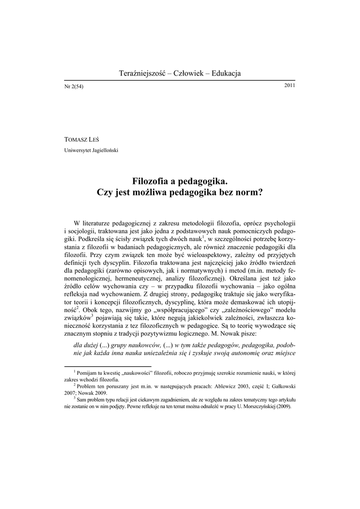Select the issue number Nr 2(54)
[x=74, y=86]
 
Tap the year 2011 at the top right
[x=289, y=85]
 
